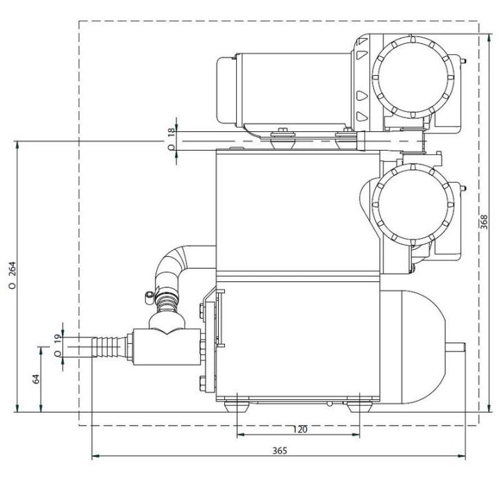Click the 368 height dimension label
[484, 220]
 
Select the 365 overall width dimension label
[279, 450]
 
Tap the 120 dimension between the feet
[299, 429]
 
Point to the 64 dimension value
[37, 378]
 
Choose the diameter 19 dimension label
[57, 343]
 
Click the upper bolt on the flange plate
[203, 310]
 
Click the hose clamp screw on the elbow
[149, 297]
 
